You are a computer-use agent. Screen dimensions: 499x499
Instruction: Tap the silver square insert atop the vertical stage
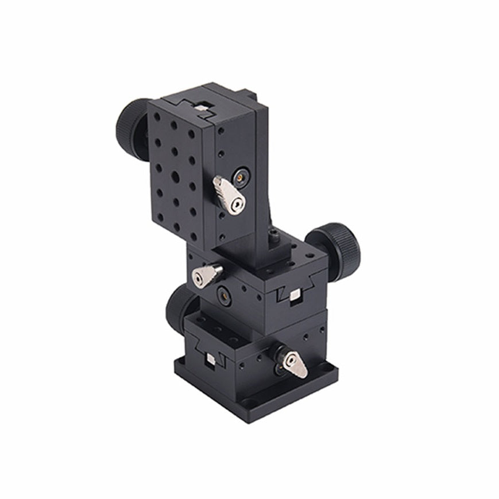point(200,107)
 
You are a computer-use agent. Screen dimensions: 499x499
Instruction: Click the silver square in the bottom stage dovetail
point(210,359)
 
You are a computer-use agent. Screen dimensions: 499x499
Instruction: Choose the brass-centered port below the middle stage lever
point(224,295)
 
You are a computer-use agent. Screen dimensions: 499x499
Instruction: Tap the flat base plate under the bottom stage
point(258,396)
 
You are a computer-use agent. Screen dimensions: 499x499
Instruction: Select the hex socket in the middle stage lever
point(199,279)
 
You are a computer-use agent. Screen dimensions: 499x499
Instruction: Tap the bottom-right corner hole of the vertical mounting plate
point(194,237)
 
